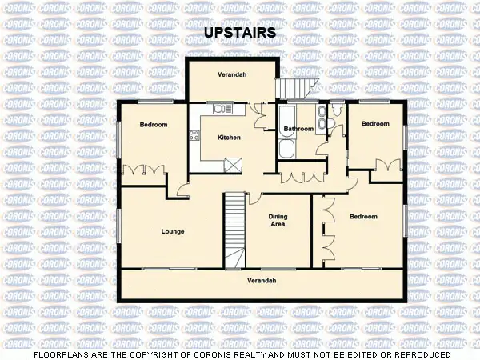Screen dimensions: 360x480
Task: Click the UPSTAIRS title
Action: coord(240,33)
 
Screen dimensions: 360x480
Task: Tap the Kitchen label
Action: coord(229,138)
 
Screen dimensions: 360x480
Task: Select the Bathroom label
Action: coord(298,128)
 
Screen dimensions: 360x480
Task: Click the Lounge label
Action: coord(173,232)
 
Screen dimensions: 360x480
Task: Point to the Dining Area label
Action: coord(277,220)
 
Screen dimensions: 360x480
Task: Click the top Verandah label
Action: coord(232,74)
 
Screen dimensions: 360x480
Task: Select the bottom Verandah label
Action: coord(262,281)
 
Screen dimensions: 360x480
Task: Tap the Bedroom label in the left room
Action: coord(154,125)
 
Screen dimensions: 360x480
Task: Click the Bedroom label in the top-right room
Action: coord(374,124)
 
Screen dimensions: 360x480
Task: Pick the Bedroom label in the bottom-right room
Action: coord(364,217)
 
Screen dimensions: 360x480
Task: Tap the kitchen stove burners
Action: coord(195,133)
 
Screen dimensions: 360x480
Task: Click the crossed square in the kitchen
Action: coord(233,166)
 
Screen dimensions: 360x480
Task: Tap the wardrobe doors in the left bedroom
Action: coord(143,170)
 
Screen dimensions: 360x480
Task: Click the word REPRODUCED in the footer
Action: coord(418,354)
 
